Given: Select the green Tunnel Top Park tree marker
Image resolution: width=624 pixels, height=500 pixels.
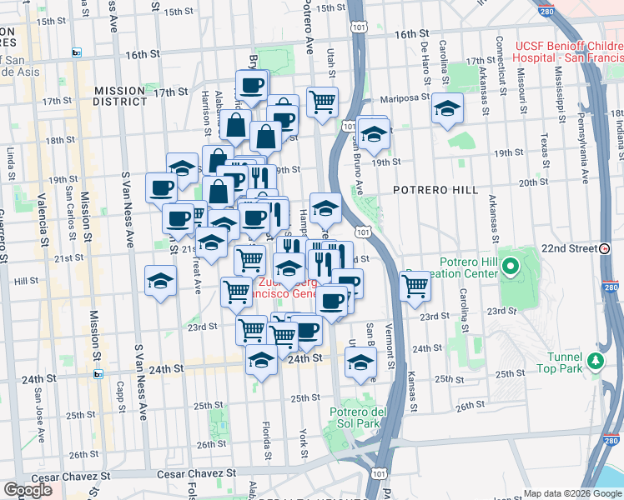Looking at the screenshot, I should click(x=595, y=360).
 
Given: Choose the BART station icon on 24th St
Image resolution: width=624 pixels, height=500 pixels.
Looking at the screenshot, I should click(x=98, y=374).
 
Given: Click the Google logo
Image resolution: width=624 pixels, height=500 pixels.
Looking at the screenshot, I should click(x=28, y=490).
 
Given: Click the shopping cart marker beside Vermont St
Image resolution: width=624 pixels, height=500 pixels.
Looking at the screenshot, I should click(x=415, y=286).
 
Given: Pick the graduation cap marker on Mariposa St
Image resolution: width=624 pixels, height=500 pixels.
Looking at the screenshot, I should click(x=447, y=109).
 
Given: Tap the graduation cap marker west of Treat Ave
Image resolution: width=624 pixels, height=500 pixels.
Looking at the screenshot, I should click(x=159, y=281).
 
